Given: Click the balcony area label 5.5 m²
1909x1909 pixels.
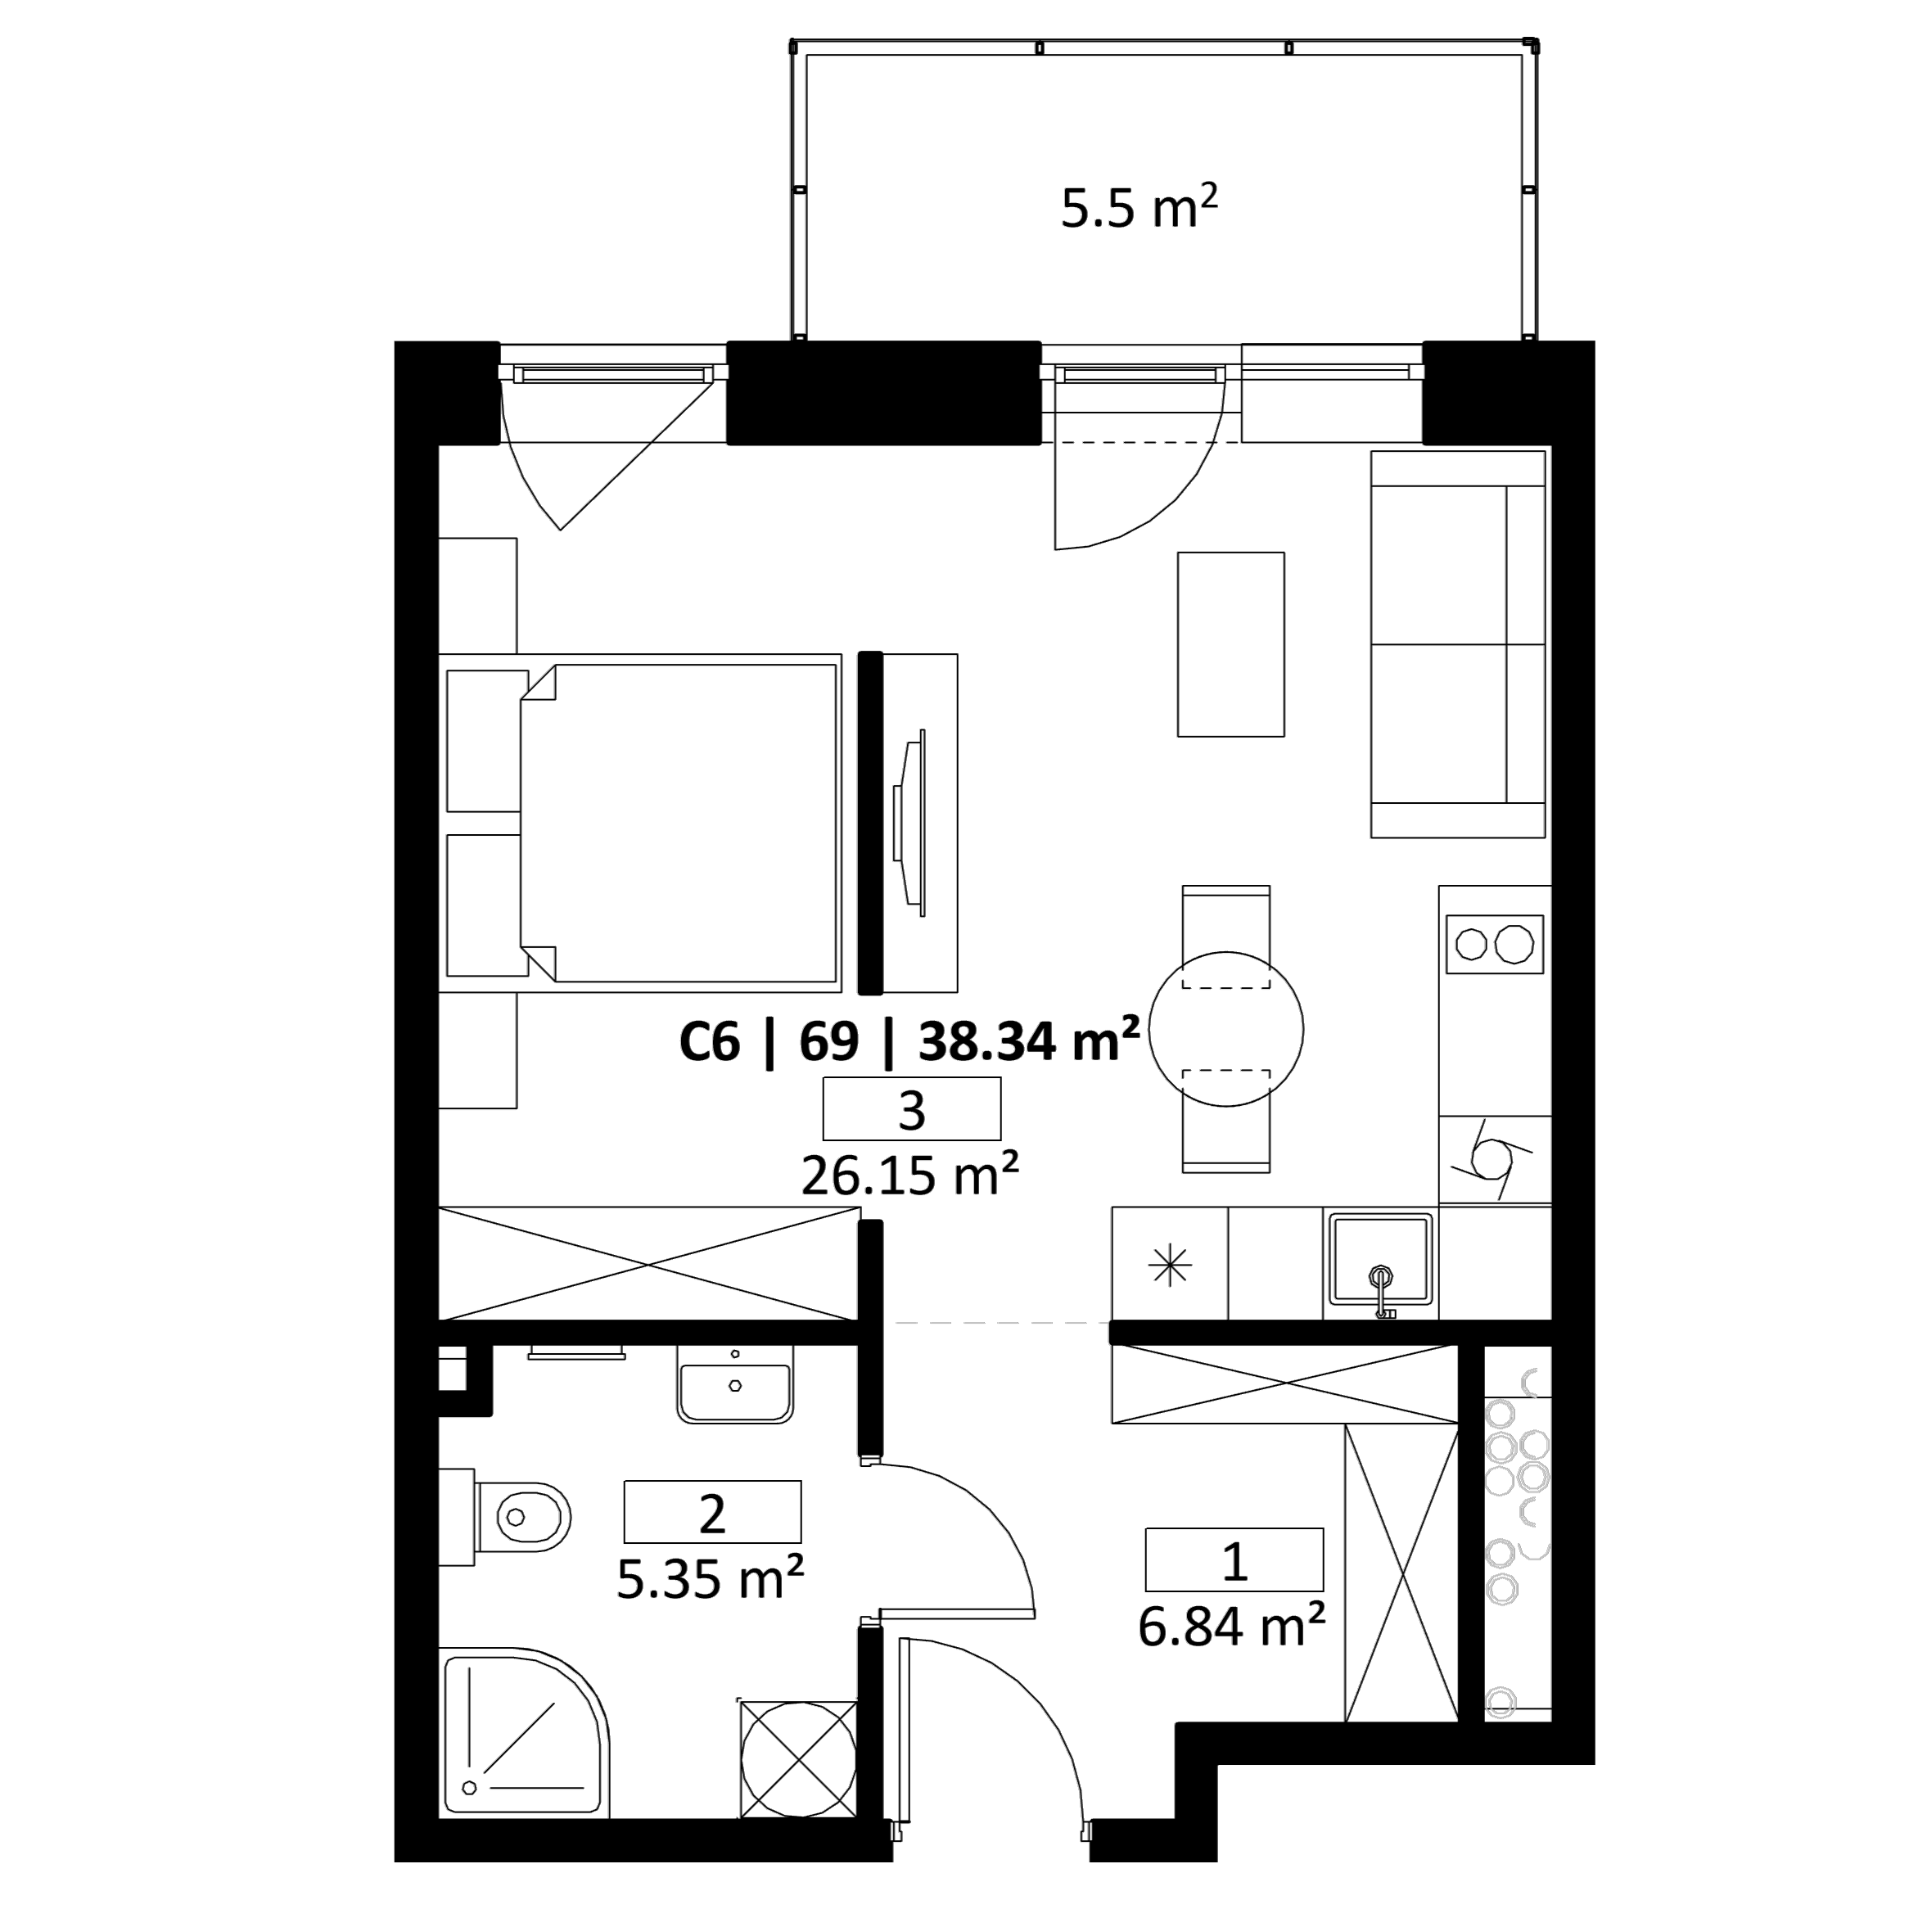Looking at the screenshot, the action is point(1139,207).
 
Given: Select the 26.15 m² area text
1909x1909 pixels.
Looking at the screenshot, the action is point(910,1175).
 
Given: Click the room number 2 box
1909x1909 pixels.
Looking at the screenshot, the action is point(712,1512).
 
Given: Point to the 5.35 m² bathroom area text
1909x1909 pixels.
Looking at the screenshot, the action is point(711,1579).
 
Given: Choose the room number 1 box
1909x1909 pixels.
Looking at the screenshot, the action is point(1234,1559).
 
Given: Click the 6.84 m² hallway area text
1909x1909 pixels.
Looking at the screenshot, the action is point(1232,1626).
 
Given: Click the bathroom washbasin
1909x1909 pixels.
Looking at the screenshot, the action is point(735,1384).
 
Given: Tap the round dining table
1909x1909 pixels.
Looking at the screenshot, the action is point(1226,1029).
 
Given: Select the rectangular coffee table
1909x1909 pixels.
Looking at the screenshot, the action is point(1231,644).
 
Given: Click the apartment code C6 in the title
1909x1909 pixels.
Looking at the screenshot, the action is point(710,1041).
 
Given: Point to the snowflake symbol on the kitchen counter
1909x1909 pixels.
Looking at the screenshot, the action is point(1170,1265).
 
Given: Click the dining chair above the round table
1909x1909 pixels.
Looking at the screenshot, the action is point(1226,936).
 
